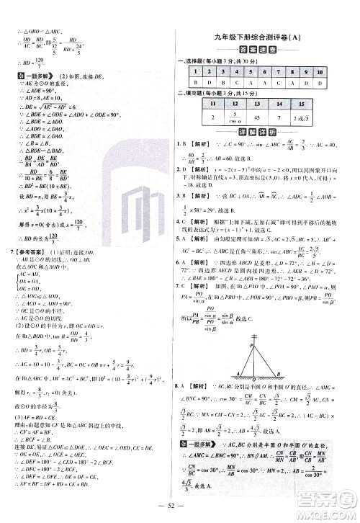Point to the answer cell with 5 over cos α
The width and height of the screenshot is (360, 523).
point(235,118)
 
